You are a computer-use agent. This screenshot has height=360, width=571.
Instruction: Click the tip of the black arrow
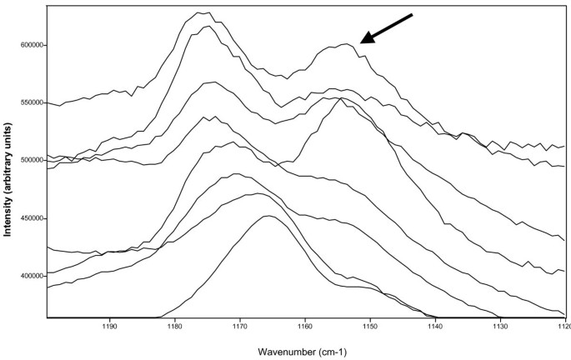click(361, 42)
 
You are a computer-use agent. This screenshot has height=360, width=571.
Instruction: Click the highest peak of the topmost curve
click(202, 12)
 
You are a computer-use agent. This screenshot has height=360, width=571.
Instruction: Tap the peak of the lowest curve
click(268, 216)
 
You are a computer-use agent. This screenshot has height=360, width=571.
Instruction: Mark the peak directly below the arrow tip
click(345, 45)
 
